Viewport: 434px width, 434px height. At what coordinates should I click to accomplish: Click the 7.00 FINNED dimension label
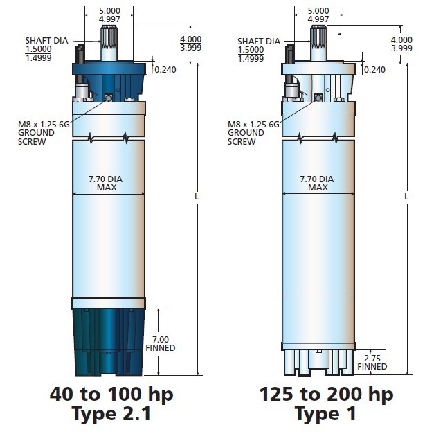[161, 343]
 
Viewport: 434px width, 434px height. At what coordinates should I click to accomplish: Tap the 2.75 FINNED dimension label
[372, 362]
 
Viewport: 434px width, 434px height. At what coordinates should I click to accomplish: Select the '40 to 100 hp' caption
[111, 395]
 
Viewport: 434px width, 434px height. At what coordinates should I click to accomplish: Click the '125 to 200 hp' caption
[326, 395]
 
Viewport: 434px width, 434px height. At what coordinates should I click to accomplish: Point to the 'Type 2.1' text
[111, 414]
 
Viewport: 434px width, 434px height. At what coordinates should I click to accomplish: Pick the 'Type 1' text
[325, 414]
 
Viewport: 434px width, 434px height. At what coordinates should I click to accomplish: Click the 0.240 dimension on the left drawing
[165, 70]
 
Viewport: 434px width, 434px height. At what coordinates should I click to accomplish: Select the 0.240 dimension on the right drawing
[374, 70]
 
